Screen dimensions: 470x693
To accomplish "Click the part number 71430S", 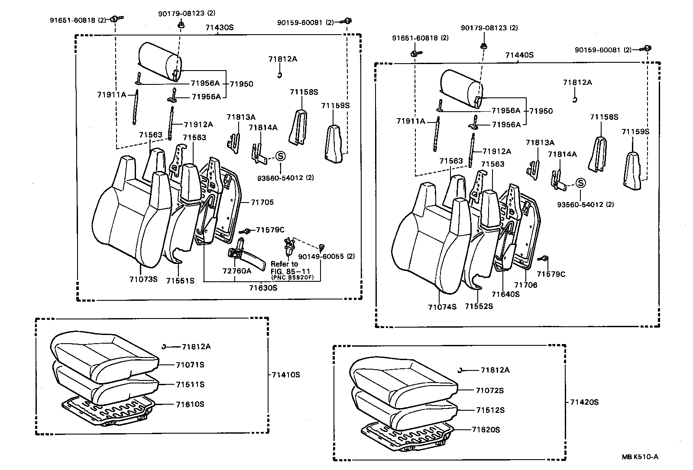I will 219,28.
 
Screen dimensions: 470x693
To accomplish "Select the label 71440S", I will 519,55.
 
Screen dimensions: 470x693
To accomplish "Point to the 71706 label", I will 525,285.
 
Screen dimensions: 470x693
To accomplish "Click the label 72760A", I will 236,271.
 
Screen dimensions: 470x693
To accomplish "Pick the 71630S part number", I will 263,288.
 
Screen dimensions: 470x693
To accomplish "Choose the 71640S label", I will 505,294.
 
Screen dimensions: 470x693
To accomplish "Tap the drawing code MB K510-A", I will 640,456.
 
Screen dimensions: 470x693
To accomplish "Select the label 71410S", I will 286,375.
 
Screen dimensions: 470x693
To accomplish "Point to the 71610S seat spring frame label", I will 190,404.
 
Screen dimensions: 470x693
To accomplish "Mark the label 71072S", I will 489,390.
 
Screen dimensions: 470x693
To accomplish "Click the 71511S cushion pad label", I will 190,384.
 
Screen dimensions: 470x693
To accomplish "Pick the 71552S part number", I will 479,306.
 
